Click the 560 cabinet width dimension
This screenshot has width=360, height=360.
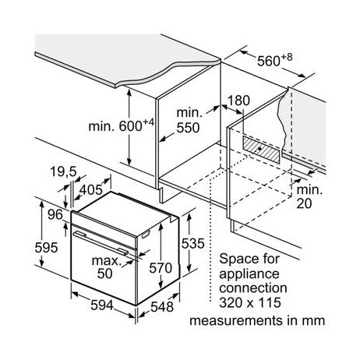coord(274,61)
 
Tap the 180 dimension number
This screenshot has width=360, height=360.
coord(238,101)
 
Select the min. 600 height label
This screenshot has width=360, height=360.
coord(122,125)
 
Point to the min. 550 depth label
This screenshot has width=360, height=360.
coord(189,120)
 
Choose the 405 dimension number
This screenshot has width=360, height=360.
coord(90,190)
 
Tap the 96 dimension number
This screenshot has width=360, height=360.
coord(55,214)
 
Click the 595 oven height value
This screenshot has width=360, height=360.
coord(46,247)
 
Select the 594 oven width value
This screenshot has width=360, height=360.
coord(102,305)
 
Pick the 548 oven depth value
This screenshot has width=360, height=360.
coord(162,307)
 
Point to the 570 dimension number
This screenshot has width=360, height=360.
coord(161,268)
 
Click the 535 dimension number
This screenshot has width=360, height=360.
coord(192,243)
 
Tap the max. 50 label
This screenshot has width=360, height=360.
coord(107,267)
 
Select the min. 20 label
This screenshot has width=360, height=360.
coord(309,196)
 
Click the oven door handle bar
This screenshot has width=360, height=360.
coord(101,242)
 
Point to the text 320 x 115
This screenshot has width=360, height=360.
coord(250,302)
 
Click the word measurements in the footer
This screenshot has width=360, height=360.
coord(237,320)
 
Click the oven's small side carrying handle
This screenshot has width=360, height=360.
coord(146,235)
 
